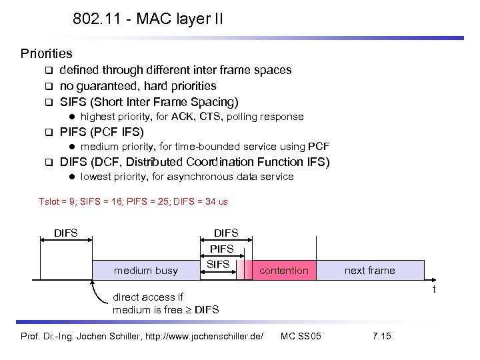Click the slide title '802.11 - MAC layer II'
pyautogui.click(x=148, y=19)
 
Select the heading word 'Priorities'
pyautogui.click(x=46, y=53)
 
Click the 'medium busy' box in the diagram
pyautogui.click(x=146, y=270)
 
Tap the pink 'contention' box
pyautogui.click(x=283, y=270)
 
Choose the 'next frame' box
pyautogui.click(x=369, y=270)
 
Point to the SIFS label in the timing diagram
pyautogui.click(x=218, y=264)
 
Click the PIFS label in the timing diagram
pyautogui.click(x=222, y=249)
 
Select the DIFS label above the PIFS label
pyautogui.click(x=225, y=233)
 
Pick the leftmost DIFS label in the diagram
pyautogui.click(x=65, y=233)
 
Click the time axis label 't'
pyautogui.click(x=434, y=289)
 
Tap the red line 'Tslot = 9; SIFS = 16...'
pyautogui.click(x=133, y=201)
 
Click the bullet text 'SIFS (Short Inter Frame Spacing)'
pyautogui.click(x=149, y=102)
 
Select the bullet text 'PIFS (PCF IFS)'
pyautogui.click(x=101, y=132)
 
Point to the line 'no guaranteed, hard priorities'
pyautogui.click(x=138, y=86)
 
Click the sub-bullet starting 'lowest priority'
pyautogui.click(x=187, y=177)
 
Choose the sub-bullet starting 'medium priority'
pyautogui.click(x=205, y=147)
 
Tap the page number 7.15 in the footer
pyautogui.click(x=382, y=335)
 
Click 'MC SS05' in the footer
pyautogui.click(x=301, y=335)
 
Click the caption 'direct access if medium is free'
pyautogui.click(x=165, y=303)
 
